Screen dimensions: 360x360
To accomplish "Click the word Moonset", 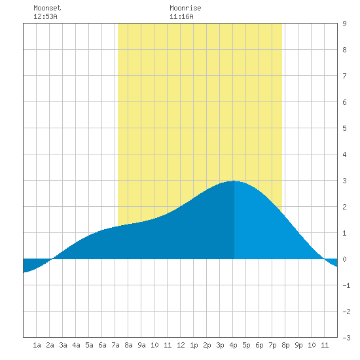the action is point(47,8).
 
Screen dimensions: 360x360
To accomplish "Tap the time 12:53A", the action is point(45,16).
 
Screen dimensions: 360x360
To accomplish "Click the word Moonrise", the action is point(185,8).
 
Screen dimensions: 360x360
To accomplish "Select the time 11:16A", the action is point(181,16).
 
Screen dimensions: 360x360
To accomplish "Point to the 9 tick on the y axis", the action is point(344,24).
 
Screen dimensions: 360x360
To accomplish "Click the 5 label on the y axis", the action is point(344,128).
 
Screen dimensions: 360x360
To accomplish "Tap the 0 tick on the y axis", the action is point(344,259).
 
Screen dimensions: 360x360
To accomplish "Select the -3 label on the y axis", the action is point(346,338).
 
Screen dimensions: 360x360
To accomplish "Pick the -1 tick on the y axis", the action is point(346,285).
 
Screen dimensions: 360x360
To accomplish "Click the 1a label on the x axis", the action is point(37,345).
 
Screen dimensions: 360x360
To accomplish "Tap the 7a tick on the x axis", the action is point(115,345).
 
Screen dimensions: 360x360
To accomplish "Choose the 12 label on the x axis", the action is point(181,345).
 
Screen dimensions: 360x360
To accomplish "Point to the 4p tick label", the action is point(233,345).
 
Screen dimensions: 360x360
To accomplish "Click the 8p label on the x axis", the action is point(285,345).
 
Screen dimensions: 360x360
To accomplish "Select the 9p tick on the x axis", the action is point(298,345).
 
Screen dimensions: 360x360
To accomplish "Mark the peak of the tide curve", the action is point(234,181).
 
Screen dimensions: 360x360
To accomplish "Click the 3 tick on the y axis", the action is point(344,181).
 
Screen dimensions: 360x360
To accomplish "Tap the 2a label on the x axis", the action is point(50,345).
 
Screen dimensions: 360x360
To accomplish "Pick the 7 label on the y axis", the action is point(344,76).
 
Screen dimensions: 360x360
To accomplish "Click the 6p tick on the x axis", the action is point(259,345).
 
